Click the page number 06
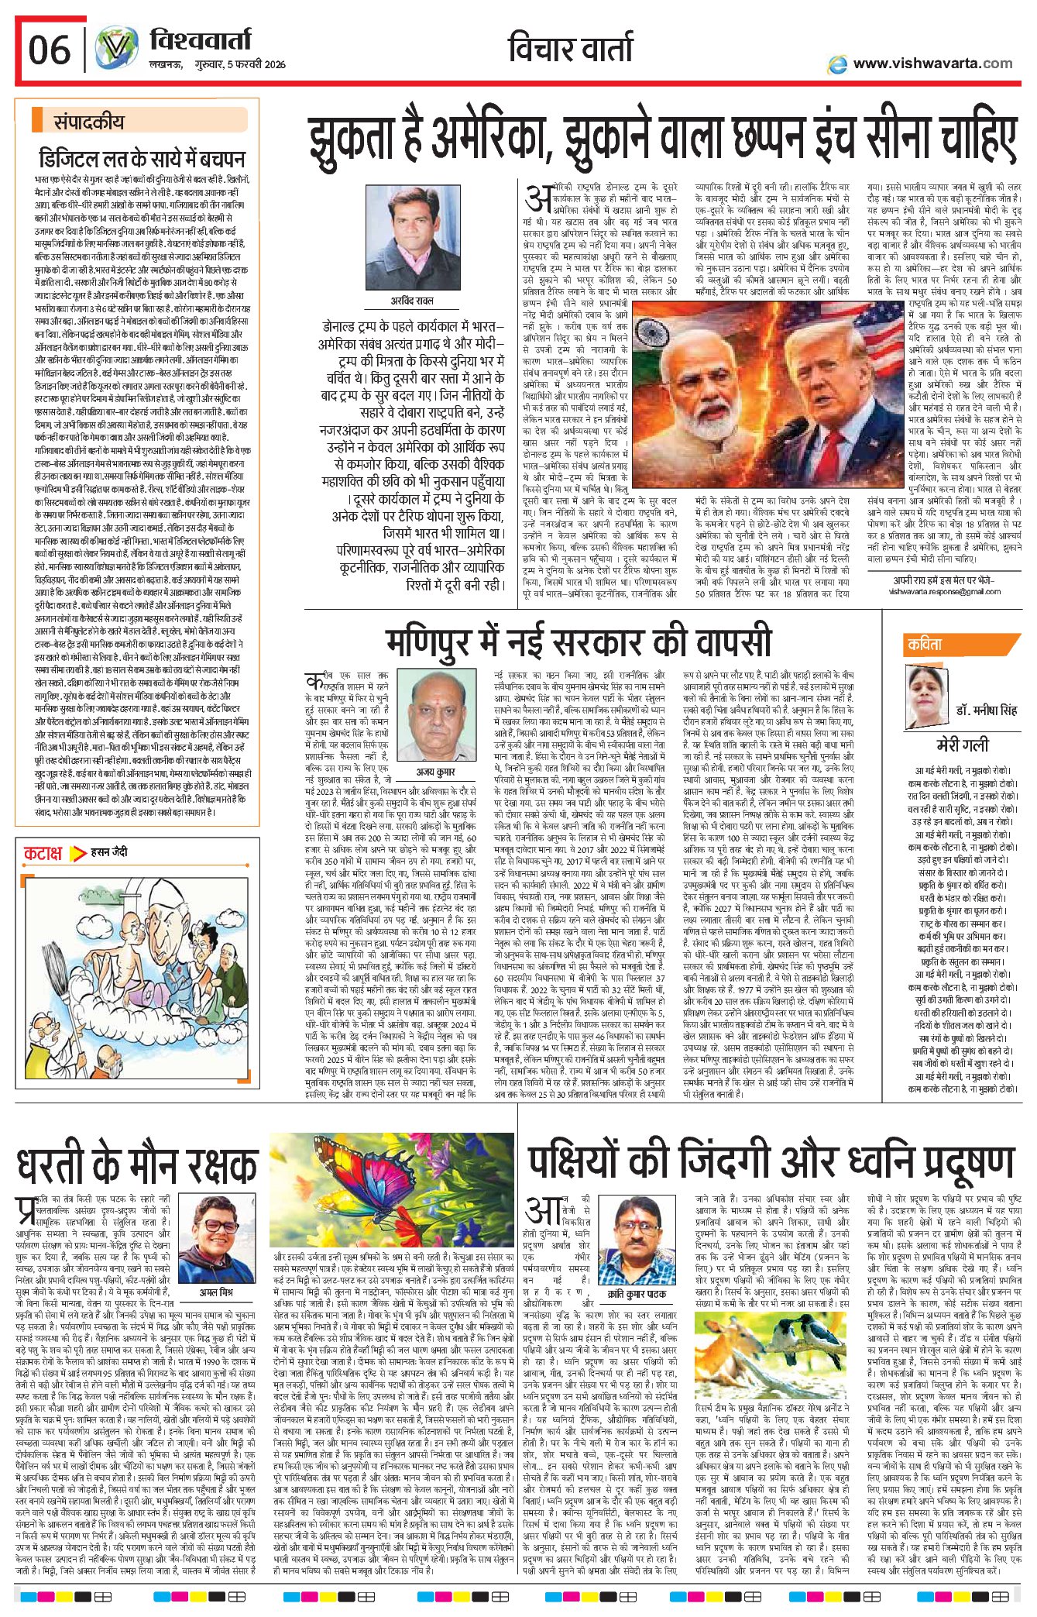coord(49,50)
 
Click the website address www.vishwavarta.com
coord(932,64)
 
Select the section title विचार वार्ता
coord(572,49)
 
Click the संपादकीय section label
coord(88,122)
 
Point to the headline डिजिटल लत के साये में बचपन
coord(142,160)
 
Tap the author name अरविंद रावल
coord(412,301)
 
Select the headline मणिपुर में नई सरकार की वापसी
coord(579,642)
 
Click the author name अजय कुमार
coord(435,772)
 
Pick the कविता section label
coord(925,645)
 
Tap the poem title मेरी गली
coord(963,745)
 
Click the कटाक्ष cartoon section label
coord(43,854)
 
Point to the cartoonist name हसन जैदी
coord(109,852)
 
